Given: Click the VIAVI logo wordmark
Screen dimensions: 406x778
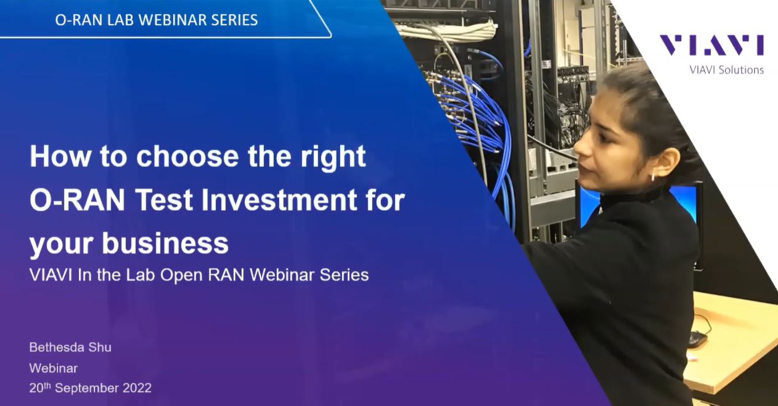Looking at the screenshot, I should point(711,45).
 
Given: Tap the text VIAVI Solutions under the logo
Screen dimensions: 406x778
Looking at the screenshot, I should point(726,70).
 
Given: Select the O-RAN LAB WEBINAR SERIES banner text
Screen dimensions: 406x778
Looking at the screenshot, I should point(156,20).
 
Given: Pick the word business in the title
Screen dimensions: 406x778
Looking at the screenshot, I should point(165,243).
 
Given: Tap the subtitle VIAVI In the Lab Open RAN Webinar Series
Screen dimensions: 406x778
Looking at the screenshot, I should point(199,275).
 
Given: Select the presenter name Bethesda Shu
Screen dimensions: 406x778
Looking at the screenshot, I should point(70,347).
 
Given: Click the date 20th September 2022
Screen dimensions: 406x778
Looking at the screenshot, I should point(90,388).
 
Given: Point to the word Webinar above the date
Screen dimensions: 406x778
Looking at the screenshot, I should point(53,368).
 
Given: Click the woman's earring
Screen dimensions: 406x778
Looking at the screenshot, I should point(652,177).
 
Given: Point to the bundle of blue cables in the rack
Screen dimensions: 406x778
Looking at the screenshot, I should point(469,111).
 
